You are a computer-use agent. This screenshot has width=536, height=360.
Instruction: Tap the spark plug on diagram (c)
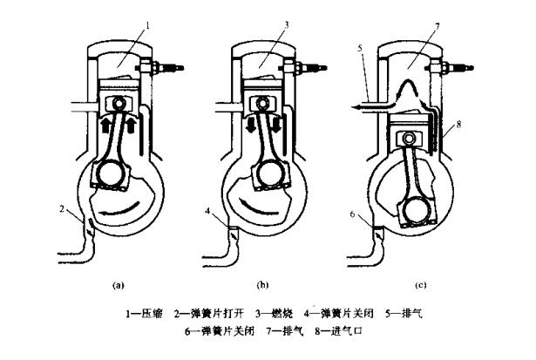[x=457, y=66]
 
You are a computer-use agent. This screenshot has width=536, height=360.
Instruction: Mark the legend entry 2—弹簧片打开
[x=209, y=312]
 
